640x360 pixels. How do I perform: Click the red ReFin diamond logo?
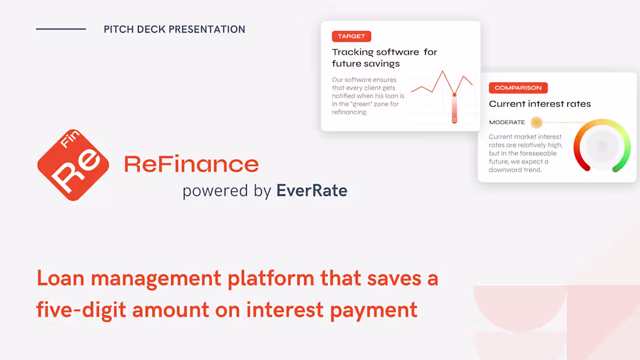tap(73, 165)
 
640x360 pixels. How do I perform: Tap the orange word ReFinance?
tap(191, 164)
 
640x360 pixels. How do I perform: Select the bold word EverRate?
tap(312, 190)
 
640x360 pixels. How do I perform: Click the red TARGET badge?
tap(351, 36)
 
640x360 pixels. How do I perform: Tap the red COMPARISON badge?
tap(518, 88)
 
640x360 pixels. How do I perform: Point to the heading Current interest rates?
tap(539, 104)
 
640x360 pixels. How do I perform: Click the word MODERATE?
tap(507, 123)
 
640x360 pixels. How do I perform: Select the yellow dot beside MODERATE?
tap(536, 123)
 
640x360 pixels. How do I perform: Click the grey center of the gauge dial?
tap(602, 146)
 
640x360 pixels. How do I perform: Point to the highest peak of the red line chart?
tap(443, 72)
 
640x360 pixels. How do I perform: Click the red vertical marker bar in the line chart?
tap(454, 108)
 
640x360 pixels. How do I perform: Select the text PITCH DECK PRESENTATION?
tap(174, 29)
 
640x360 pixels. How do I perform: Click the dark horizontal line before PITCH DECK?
tap(61, 29)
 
